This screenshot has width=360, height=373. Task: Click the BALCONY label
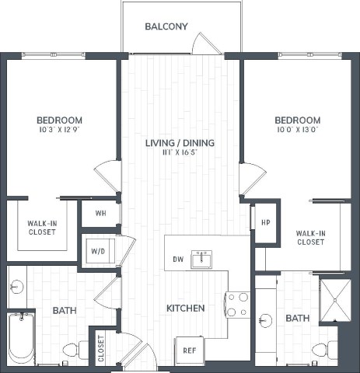click(x=166, y=26)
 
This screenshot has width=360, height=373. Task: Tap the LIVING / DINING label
click(x=180, y=143)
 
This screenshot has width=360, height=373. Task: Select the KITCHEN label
click(x=186, y=309)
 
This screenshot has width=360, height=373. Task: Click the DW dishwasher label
click(x=177, y=260)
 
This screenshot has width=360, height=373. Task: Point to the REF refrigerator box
click(x=189, y=350)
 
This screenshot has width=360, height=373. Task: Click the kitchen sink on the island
click(x=201, y=259)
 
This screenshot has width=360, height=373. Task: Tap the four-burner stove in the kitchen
click(x=237, y=303)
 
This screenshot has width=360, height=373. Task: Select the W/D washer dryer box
click(x=99, y=251)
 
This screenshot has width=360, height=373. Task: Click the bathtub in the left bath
click(x=21, y=338)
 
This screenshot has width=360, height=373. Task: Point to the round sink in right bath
click(x=264, y=319)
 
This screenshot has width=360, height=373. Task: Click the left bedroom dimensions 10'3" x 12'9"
click(x=59, y=131)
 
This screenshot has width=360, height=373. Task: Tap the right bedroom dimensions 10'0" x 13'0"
click(x=297, y=131)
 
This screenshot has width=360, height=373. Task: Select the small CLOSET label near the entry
click(x=100, y=348)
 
